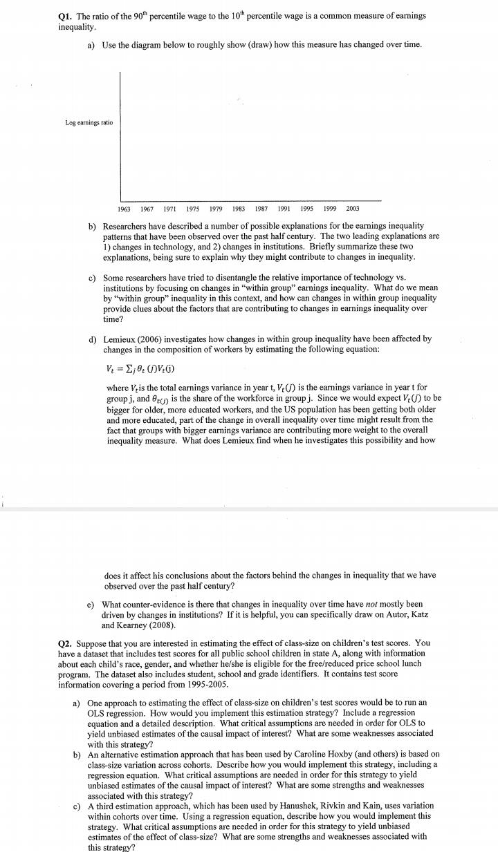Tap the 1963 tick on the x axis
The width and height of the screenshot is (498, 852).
coord(124,208)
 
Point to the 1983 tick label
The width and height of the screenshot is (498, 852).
coord(238,208)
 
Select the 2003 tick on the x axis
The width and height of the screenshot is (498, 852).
coord(352,208)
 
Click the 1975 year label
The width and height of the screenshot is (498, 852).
coord(192,208)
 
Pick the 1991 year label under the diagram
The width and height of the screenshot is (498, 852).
coord(284,208)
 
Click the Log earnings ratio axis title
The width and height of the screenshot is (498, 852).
coord(89,123)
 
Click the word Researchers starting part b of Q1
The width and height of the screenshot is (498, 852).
coord(129,226)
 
